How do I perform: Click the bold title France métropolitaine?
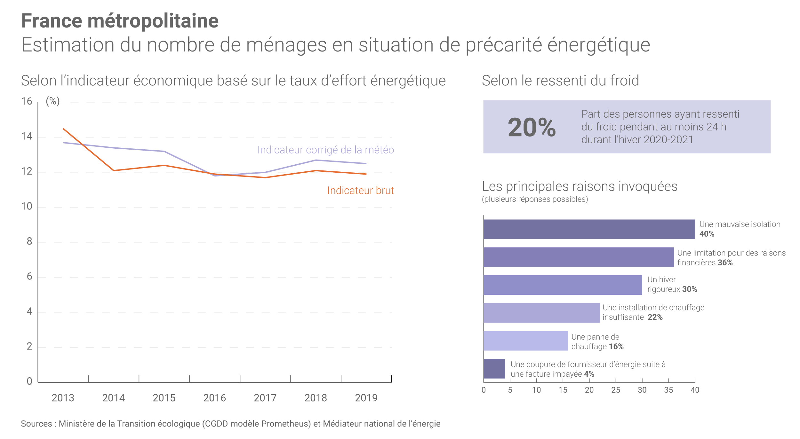pos(120,21)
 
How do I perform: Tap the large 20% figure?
pos(532,128)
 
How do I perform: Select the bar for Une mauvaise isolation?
pos(589,229)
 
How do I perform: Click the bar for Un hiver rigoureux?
pos(563,285)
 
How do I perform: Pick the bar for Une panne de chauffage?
pos(526,341)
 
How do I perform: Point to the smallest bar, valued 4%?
pos(494,369)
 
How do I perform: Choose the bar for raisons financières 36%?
pos(579,257)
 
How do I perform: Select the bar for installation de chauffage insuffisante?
pos(541,313)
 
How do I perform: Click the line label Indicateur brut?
pos(360,191)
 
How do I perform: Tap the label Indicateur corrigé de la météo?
pos(325,150)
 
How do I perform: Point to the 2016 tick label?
pos(214,398)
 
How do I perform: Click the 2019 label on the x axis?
pos(366,398)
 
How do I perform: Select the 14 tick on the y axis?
pos(27,137)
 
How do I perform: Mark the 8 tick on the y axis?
pos(29,241)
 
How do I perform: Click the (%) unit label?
pos(53,101)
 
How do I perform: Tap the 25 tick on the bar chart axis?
pos(616,390)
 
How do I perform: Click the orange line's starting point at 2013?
pos(64,129)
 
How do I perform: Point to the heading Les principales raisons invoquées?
pos(580,186)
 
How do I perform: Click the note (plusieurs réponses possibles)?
pos(535,199)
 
